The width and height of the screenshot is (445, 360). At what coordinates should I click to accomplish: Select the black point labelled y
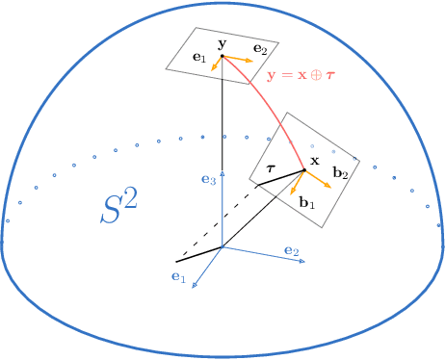tap(222, 57)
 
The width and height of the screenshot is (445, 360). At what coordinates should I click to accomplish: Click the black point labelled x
tap(304, 170)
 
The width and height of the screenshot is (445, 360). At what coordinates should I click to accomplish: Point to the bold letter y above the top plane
tap(222, 43)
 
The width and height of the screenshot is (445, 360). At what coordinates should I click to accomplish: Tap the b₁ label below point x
tap(307, 202)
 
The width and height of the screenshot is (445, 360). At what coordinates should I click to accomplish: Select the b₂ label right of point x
tap(339, 173)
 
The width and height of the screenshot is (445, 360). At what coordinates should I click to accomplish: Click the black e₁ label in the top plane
tap(199, 57)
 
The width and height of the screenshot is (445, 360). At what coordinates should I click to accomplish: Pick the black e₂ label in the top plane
tap(259, 47)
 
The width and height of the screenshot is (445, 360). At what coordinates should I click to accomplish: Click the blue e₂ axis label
tap(290, 250)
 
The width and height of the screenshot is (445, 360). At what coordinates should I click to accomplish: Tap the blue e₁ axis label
tap(176, 277)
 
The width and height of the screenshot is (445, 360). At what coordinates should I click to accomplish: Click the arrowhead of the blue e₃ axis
tap(223, 173)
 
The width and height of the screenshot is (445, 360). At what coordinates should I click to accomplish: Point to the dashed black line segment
tap(240, 215)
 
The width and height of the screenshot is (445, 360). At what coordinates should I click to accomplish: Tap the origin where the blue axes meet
tap(223, 246)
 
